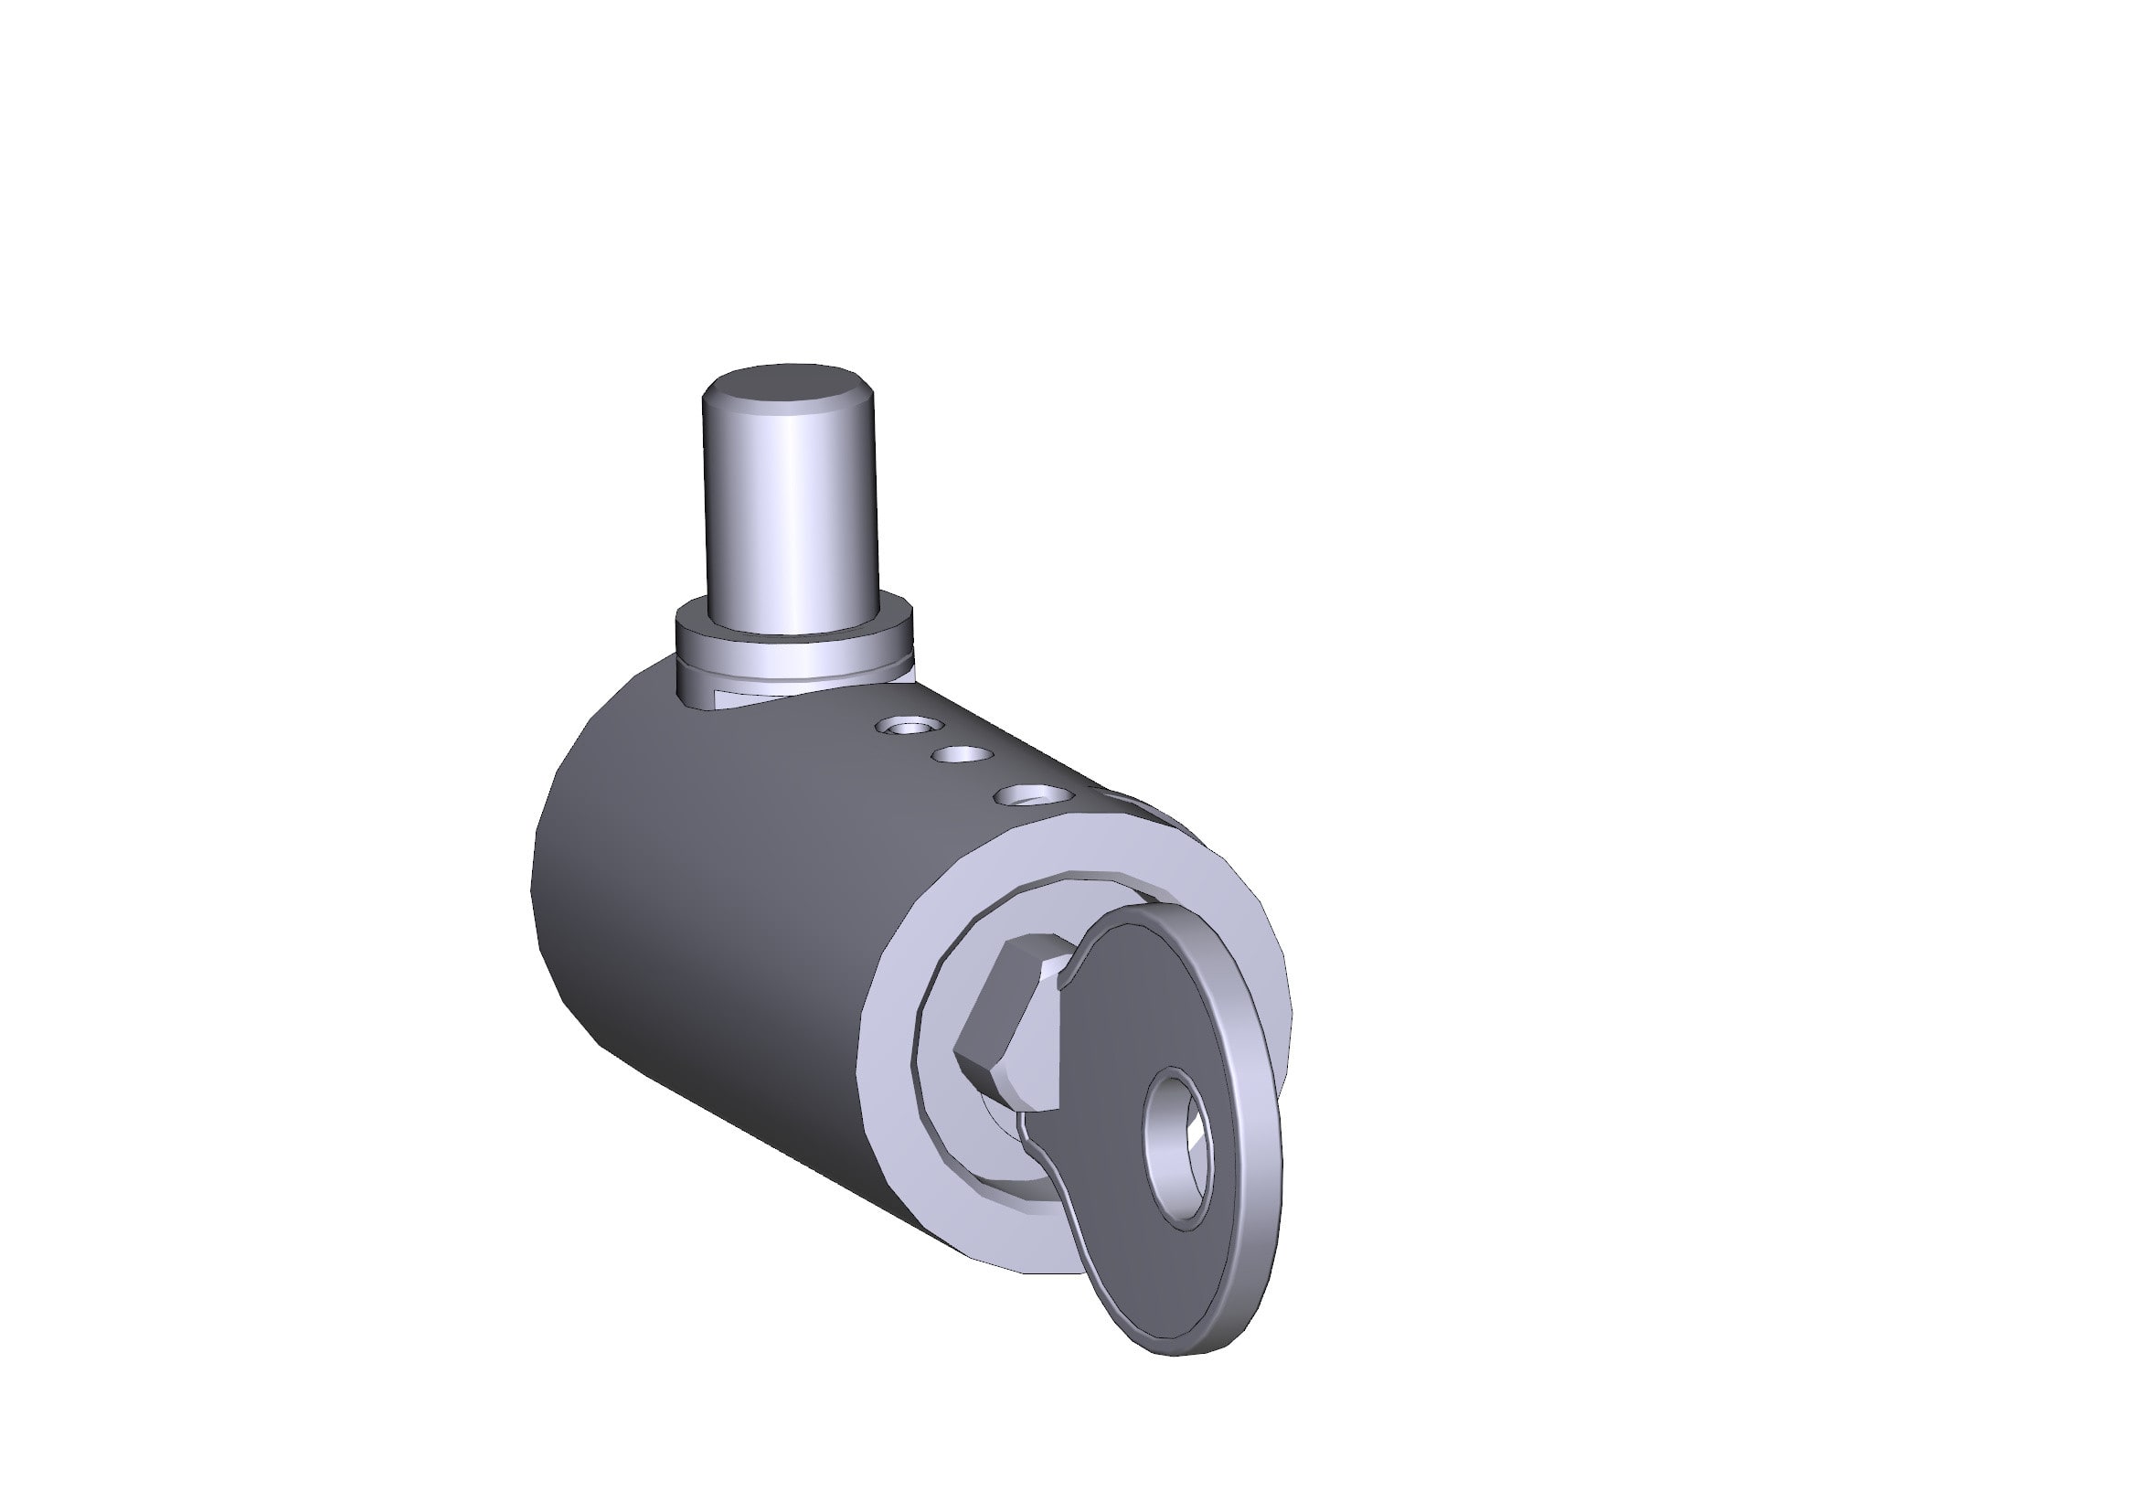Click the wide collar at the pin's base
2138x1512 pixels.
(792, 643)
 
